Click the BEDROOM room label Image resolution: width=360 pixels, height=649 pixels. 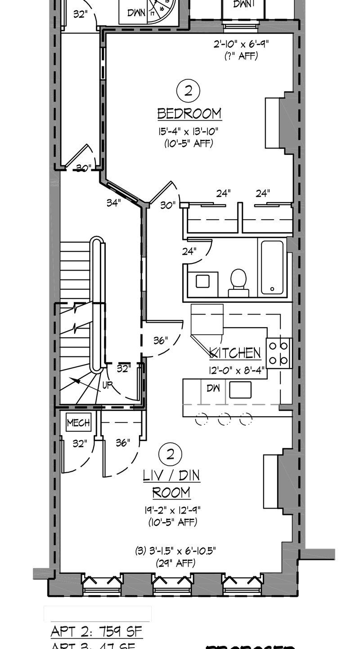point(189,113)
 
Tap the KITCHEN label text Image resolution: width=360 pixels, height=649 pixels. point(235,353)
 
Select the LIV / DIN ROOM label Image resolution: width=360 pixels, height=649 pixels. point(171,484)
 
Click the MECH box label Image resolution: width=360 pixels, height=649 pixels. point(78,423)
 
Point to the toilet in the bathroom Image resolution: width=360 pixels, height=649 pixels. point(238,282)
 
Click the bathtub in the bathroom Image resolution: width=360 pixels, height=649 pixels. point(272,267)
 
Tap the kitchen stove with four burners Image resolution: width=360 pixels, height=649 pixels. point(279,353)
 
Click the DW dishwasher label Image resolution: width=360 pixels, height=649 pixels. point(213,388)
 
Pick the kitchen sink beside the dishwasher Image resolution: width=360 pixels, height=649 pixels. point(240,390)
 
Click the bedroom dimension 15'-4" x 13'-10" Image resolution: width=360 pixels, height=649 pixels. point(189,132)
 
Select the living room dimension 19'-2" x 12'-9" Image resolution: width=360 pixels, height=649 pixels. point(172,510)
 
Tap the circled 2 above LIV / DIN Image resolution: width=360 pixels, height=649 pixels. point(170,454)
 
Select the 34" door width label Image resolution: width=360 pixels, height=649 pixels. point(113,203)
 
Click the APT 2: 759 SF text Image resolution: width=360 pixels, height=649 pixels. point(96,631)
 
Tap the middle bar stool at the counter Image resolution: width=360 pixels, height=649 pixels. point(224,419)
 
